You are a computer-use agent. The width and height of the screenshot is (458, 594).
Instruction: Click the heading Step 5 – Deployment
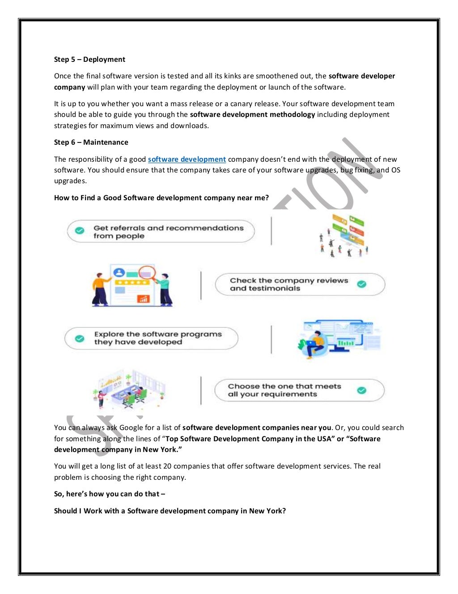click(89, 60)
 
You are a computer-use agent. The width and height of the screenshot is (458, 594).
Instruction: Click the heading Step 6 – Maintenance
click(91, 142)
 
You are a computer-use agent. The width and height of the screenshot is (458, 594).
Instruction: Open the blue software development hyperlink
click(187, 159)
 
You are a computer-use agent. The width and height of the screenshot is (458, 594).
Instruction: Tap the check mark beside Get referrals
click(80, 231)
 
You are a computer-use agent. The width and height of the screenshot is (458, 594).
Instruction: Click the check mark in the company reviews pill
click(362, 284)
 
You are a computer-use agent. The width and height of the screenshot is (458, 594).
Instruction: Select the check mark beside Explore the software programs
click(80, 339)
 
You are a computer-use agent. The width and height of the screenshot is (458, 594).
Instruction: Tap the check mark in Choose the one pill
click(362, 390)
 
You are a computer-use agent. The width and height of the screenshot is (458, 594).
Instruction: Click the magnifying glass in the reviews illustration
click(147, 273)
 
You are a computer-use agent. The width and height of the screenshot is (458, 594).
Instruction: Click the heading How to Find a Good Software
click(161, 198)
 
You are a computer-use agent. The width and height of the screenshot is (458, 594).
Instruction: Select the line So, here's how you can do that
click(109, 494)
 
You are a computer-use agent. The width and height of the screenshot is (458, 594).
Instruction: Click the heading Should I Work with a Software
click(170, 511)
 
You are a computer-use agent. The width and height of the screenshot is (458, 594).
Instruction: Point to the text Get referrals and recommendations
click(168, 228)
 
